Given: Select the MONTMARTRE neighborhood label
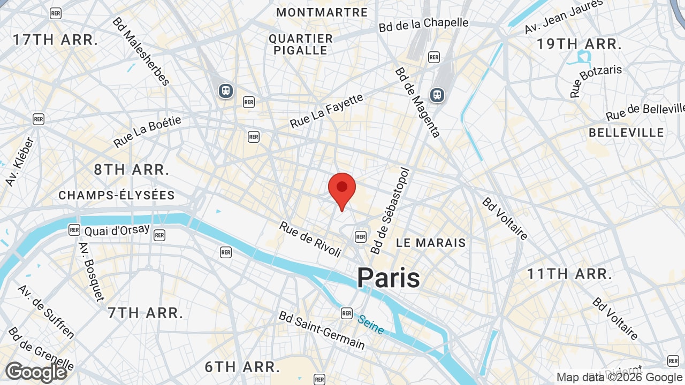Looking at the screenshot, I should click(322, 12).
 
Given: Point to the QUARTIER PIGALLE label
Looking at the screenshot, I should click(301, 44).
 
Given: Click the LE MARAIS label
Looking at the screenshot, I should click(431, 243).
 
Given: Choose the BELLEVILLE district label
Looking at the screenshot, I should click(626, 133).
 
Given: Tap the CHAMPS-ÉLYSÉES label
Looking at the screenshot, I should click(117, 196).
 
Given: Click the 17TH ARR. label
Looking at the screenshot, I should click(56, 40).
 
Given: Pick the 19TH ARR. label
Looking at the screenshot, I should click(580, 44).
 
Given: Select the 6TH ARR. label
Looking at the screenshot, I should click(242, 367).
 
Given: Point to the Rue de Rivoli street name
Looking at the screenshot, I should click(310, 239).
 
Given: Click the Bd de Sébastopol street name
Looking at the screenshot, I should click(390, 211).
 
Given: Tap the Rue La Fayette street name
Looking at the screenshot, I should click(326, 111).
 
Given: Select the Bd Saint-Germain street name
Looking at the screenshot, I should click(322, 329).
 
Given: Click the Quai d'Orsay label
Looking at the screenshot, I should click(117, 230).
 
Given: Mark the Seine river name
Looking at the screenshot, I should click(371, 324).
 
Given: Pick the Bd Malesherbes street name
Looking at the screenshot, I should click(141, 51).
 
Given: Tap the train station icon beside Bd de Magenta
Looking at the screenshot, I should click(437, 95).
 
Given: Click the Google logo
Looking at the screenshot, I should click(36, 372).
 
